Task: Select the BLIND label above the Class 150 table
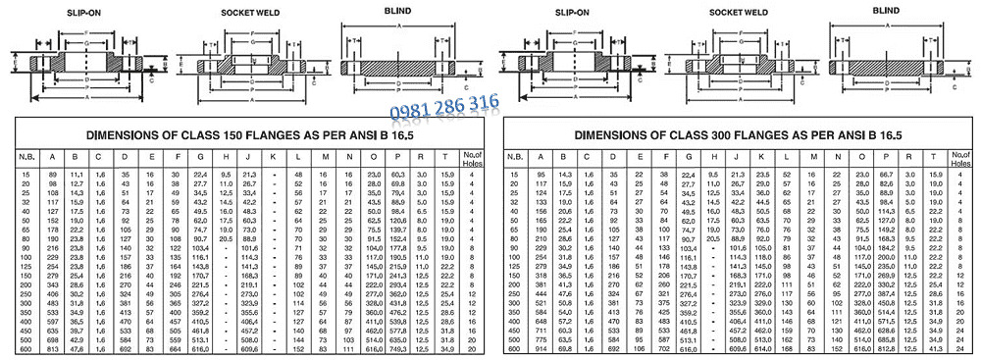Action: coord(394,10)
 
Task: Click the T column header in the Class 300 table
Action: coord(934,156)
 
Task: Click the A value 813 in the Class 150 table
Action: coord(51,349)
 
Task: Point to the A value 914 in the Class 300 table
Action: coord(539,349)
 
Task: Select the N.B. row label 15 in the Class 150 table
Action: coord(26,174)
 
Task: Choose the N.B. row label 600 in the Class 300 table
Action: coord(513,349)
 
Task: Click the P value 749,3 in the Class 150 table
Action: coord(397,349)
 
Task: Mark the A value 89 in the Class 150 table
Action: coord(51,174)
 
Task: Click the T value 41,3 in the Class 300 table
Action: coord(934,349)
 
